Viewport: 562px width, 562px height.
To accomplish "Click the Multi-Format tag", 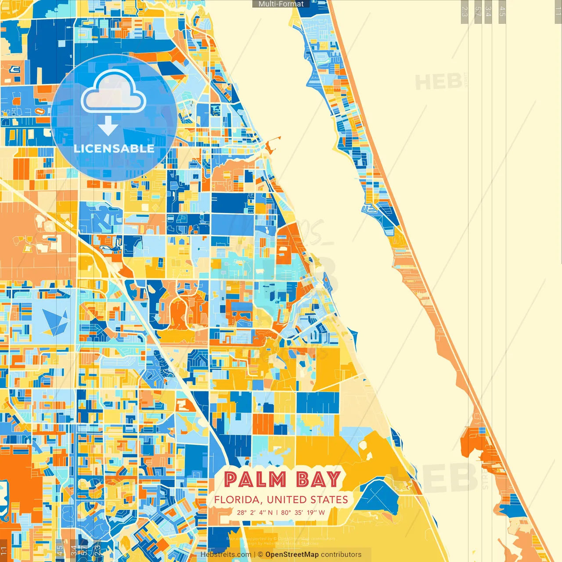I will [x=281, y=4].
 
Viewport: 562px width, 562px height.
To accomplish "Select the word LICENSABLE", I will [x=114, y=149].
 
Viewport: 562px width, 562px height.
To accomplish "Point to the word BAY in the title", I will [x=319, y=479].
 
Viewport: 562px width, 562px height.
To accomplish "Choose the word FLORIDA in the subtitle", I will [x=238, y=500].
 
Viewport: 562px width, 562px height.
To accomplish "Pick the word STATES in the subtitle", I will [x=329, y=500].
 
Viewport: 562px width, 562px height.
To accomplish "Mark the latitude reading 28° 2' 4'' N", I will [x=255, y=512].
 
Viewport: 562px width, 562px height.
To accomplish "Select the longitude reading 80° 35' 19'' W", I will [x=303, y=512].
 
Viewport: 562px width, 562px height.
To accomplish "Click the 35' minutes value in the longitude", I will [x=299, y=512].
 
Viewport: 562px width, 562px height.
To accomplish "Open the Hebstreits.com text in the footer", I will [x=226, y=555].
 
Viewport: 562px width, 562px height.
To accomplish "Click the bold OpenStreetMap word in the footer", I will [x=292, y=555].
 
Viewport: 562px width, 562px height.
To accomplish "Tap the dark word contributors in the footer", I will [x=341, y=555].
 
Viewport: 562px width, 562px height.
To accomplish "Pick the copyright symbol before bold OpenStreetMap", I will [x=261, y=555].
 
